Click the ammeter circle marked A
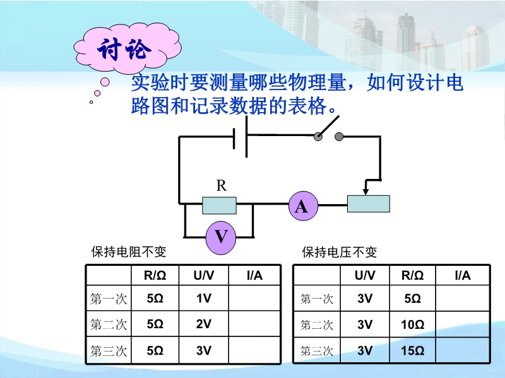tap(303, 206)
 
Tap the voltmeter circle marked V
tap(221, 238)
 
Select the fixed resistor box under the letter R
tap(219, 205)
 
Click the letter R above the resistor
tap(222, 185)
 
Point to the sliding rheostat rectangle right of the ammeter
tap(369, 203)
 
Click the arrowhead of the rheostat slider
tap(365, 192)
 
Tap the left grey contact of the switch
tap(318, 137)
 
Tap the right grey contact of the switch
tap(339, 137)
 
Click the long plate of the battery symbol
tap(246, 137)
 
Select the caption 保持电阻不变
tap(129, 252)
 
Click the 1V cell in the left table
tap(203, 298)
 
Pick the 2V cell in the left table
tap(203, 324)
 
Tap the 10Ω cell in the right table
tap(412, 324)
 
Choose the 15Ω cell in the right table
tap(412, 350)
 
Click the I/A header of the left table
tap(254, 275)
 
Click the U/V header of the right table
tap(365, 275)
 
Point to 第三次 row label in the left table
tap(109, 351)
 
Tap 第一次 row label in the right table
tap(317, 299)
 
